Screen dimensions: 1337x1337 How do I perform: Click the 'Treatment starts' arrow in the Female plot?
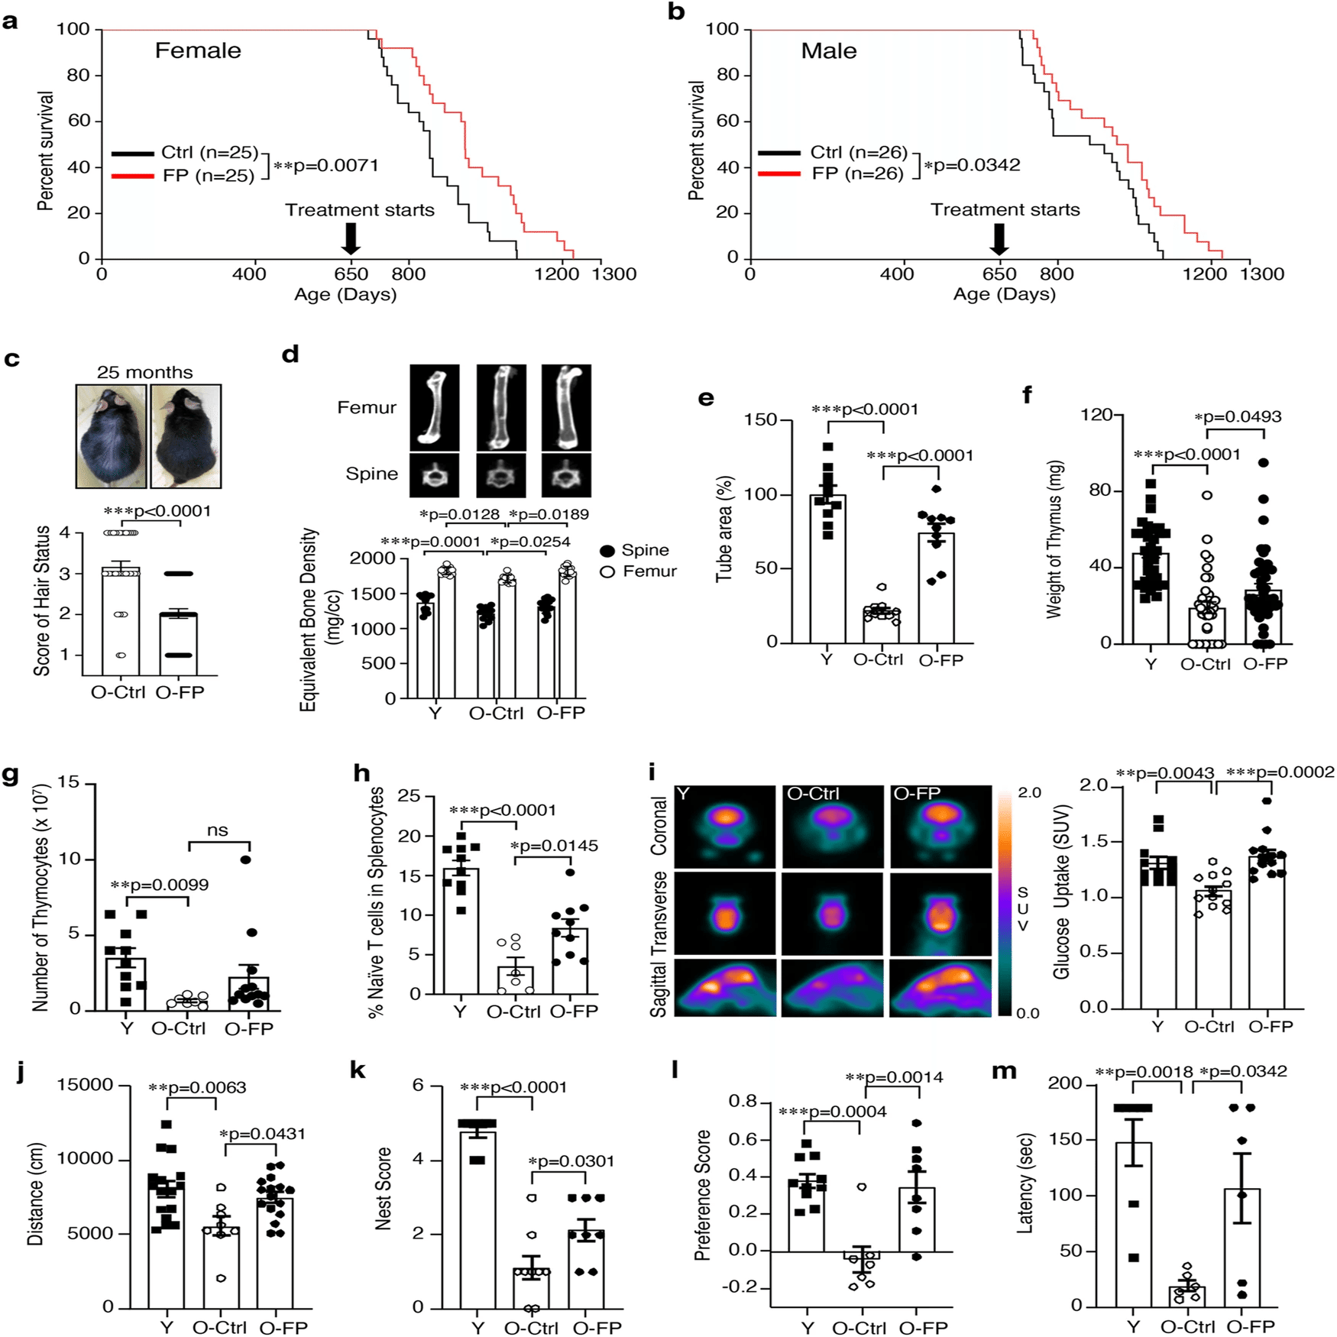pos(351,238)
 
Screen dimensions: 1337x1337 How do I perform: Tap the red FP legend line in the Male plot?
pos(779,173)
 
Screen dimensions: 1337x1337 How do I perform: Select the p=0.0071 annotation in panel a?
pos(326,166)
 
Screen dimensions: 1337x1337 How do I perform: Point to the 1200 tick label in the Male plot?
pos(1204,274)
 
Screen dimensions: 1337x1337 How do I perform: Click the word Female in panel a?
pos(198,50)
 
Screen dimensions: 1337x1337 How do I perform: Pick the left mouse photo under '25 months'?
pos(111,435)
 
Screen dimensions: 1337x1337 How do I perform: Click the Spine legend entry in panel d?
pos(635,550)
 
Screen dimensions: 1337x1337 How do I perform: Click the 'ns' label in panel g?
pos(218,830)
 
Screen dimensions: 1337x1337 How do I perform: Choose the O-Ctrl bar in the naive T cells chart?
pos(516,980)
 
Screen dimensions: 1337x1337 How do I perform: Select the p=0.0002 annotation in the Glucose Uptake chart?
pos(1280,772)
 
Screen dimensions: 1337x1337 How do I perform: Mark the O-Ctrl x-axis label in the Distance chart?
pos(219,1328)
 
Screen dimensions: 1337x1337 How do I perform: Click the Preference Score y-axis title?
pos(702,1196)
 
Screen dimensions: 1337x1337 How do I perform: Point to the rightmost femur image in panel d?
pos(566,407)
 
